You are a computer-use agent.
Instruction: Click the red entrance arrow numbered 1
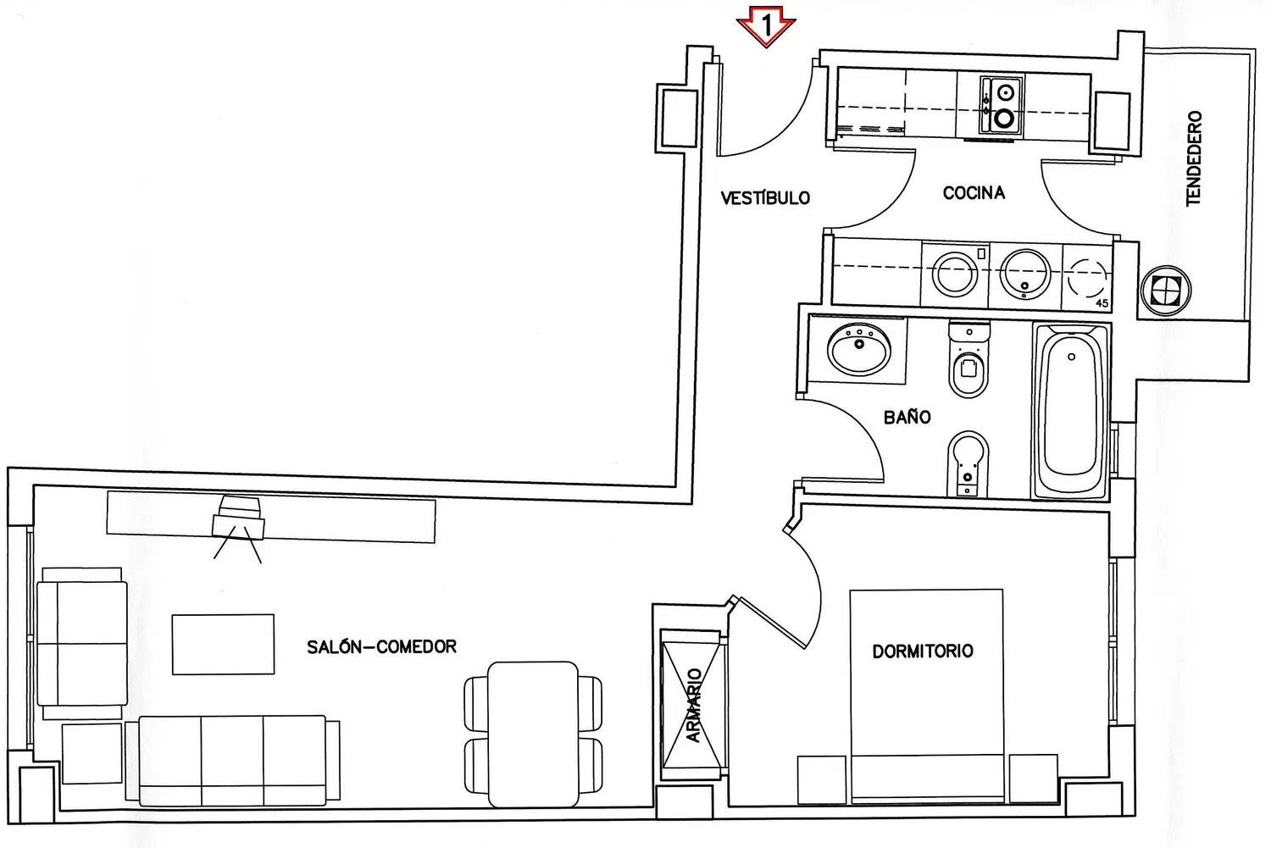click(x=765, y=26)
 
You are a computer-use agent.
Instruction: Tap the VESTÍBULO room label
click(x=765, y=198)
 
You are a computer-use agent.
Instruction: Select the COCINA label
click(x=974, y=193)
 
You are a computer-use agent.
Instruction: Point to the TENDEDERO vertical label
click(x=1193, y=158)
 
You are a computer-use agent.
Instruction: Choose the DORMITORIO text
click(x=923, y=651)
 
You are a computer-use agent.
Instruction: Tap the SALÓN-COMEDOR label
click(x=381, y=646)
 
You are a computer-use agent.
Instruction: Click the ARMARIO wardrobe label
click(x=693, y=705)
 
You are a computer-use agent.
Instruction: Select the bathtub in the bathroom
click(x=1070, y=411)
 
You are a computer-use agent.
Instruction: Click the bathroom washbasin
click(x=859, y=349)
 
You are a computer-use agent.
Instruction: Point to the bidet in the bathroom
click(x=968, y=463)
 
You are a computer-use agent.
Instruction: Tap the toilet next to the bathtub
click(x=969, y=358)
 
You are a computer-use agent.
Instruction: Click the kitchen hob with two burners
click(x=1002, y=106)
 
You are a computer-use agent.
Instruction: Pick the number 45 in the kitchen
click(x=1102, y=303)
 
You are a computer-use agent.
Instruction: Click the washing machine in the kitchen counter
click(x=954, y=275)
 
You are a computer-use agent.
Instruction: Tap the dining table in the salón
click(x=533, y=734)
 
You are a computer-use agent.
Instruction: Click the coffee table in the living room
click(x=223, y=645)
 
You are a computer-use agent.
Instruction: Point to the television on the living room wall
click(x=238, y=518)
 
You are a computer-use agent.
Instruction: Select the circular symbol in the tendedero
click(x=1165, y=291)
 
